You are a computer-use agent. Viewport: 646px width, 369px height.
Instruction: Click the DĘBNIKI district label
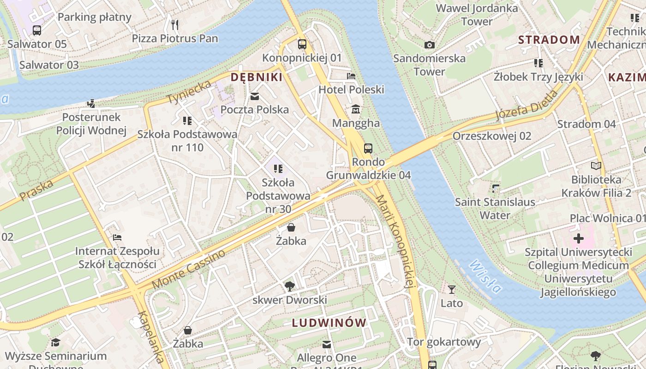tap(256, 77)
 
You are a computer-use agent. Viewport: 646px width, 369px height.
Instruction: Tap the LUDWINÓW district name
tap(329, 323)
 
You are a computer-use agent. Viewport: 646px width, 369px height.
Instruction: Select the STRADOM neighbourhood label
tap(549, 40)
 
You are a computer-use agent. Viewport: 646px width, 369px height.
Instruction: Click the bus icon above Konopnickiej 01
tap(302, 44)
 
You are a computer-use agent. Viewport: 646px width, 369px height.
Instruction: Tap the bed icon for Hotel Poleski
tap(351, 76)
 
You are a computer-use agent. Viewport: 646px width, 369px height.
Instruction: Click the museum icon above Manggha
tap(356, 110)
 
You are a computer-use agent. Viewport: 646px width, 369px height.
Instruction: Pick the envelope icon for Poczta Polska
tap(254, 96)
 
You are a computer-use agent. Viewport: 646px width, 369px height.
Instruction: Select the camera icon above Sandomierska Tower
tap(429, 45)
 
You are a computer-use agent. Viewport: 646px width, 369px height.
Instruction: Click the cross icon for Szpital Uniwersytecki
tap(578, 239)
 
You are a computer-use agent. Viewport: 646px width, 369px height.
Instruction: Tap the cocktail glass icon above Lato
tap(451, 290)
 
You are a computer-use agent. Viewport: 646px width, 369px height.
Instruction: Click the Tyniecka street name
tap(189, 92)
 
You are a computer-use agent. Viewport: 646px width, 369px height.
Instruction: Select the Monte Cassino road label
tap(189, 270)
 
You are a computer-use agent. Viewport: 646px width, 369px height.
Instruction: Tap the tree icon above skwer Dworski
tap(289, 286)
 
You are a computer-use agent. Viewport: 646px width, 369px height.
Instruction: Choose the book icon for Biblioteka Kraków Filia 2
tap(596, 166)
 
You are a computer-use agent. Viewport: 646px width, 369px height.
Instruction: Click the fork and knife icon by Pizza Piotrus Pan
tap(174, 24)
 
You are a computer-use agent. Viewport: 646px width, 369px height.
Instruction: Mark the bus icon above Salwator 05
tap(37, 30)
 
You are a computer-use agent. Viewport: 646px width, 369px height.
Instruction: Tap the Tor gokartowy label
tap(443, 342)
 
